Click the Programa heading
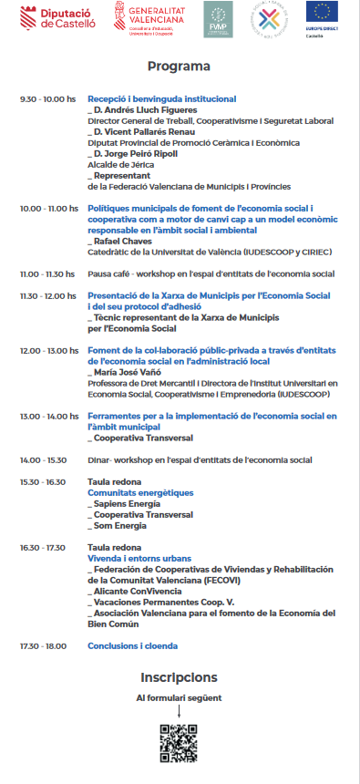[179, 67]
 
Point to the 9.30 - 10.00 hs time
[47, 98]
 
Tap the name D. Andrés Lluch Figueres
[138, 108]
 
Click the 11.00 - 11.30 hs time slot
[47, 273]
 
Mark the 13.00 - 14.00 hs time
[47, 416]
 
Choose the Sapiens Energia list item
[120, 503]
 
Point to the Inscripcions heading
[179, 676]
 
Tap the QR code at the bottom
[179, 743]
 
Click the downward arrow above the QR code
[179, 711]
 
